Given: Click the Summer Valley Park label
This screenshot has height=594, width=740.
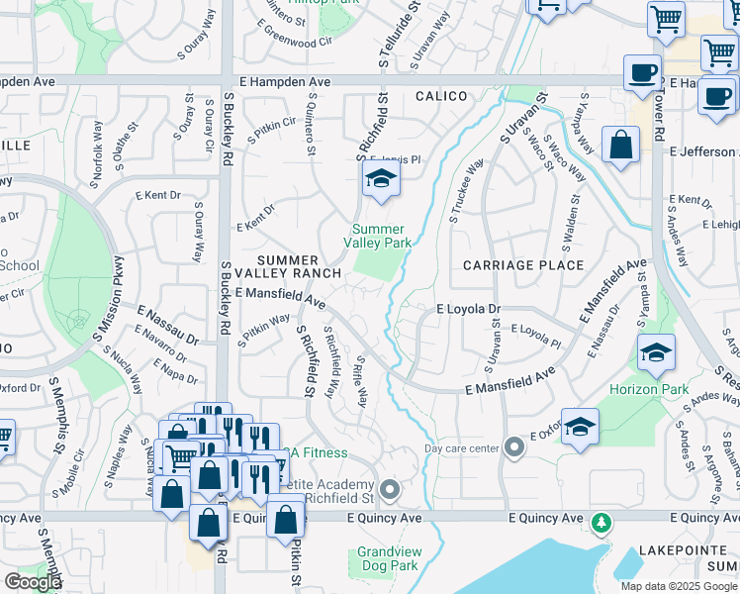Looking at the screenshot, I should click(x=382, y=236).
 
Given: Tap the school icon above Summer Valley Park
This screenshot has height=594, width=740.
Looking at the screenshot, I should click(x=379, y=180).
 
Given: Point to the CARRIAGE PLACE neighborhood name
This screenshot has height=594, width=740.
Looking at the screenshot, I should click(x=523, y=265).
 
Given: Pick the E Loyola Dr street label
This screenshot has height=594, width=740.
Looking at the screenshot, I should click(x=469, y=309).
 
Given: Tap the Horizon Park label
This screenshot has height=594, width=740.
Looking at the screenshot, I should click(x=649, y=390).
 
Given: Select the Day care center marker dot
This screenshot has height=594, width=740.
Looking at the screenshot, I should click(x=512, y=447).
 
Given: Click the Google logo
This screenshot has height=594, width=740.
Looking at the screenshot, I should click(x=33, y=582).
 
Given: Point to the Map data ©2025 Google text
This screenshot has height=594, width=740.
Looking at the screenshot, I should click(x=679, y=586).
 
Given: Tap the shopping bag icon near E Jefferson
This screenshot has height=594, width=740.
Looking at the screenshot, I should click(x=619, y=147).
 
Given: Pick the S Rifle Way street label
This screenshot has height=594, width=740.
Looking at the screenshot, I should click(x=362, y=382).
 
